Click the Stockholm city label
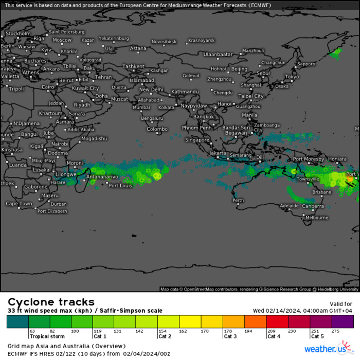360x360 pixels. pos(18,33)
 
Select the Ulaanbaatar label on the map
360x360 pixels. pos(219,54)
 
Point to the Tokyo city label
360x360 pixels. pos(291,77)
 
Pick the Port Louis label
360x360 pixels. pos(120,186)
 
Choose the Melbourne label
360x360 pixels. pos(316,218)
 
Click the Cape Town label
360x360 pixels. pos(19,204)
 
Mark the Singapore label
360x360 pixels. pos(197,140)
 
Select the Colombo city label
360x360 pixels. pos(157,129)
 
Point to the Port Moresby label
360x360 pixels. pos(309,159)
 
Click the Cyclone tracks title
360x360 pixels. pos(51,302)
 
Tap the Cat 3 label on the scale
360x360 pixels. pos(230,336)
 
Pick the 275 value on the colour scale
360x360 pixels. pos(337,331)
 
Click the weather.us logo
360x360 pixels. pos(329,349)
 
